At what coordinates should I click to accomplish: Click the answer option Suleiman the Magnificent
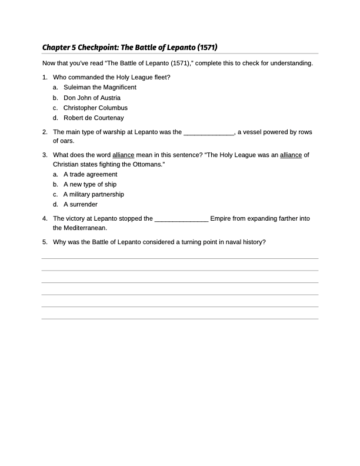pos(99,87)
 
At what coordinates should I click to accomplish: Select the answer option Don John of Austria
pos(92,98)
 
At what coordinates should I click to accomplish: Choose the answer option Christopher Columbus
pos(95,108)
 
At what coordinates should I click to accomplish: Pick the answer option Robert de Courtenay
pos(94,118)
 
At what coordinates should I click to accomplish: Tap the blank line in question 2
pos(209,132)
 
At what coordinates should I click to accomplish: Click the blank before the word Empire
pos(181,219)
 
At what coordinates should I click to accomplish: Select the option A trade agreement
pos(90,174)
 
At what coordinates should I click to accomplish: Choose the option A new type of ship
pos(90,184)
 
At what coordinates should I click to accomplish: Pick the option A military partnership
pos(94,194)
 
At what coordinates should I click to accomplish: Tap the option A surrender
pos(81,204)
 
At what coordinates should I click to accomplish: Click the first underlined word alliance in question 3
pos(124,155)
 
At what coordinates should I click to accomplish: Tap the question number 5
pos(45,241)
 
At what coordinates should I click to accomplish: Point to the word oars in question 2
pos(60,141)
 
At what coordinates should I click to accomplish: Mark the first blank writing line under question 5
pos(180,258)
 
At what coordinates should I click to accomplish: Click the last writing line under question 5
pos(180,318)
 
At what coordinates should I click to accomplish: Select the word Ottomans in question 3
pos(146,164)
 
